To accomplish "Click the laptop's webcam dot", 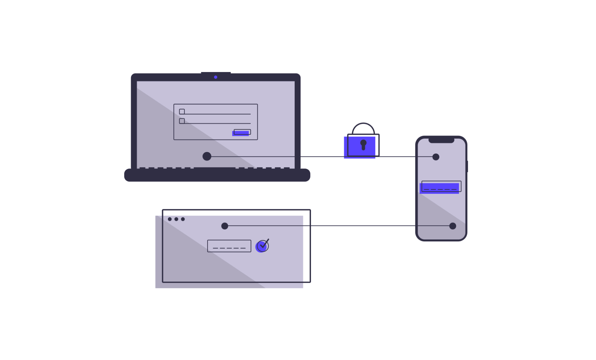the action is coord(216,77).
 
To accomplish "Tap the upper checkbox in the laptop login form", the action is coord(182,112).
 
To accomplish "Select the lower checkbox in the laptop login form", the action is coord(182,121).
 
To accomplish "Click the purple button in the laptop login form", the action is coord(241,133).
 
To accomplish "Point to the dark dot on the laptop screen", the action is coord(207,156).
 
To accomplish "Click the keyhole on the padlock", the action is coord(363,145).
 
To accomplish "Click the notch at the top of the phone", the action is coord(441,140).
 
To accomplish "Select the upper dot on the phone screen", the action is coord(436,157).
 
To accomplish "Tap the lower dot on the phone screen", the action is coord(453,226).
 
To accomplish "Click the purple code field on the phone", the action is coord(440,187).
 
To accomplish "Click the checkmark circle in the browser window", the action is coord(262,246).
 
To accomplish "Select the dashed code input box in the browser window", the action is coord(229,246).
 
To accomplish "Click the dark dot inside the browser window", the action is coord(225,226).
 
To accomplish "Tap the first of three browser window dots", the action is coord(170,219).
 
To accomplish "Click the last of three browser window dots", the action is coord(183,219).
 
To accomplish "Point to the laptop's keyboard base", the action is coord(217,175).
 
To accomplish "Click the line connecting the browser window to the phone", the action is coord(338,226).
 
